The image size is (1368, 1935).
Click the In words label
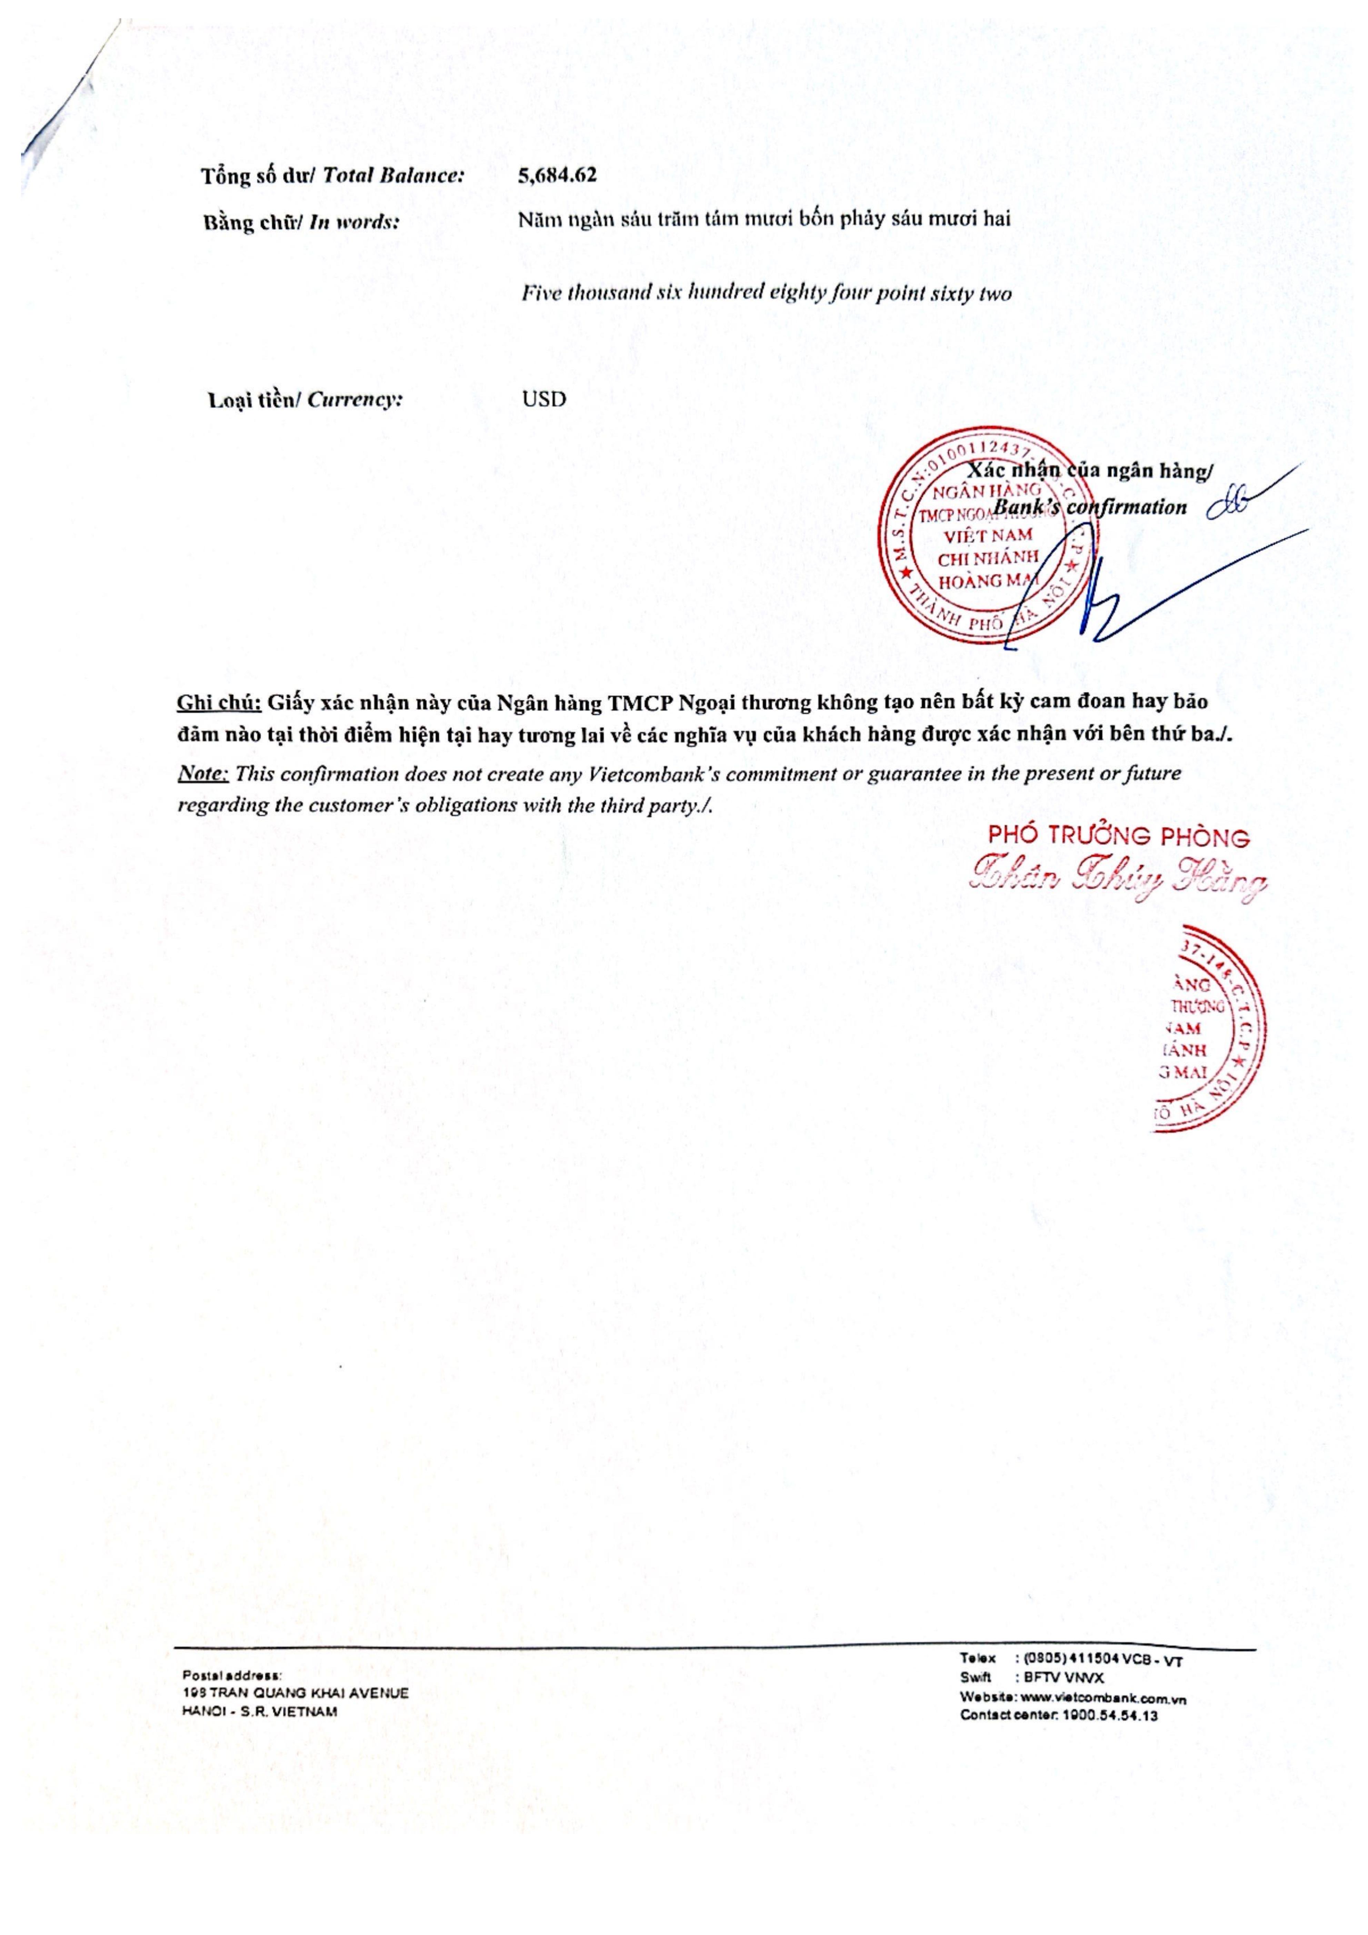[300, 222]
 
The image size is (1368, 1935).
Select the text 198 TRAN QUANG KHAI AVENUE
[295, 1692]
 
